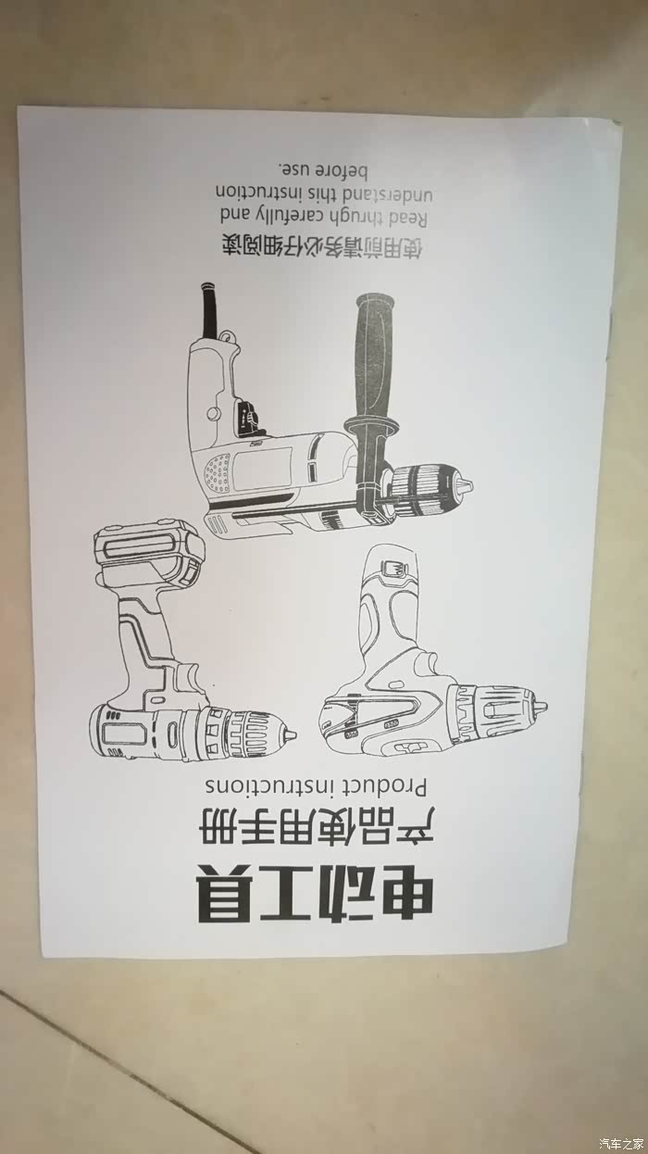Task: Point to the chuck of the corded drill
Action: coord(431,487)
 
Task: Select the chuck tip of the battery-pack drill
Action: coord(290,734)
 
